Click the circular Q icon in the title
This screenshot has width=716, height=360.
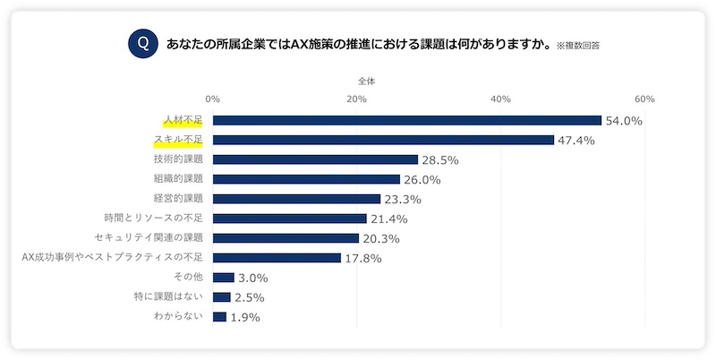(x=141, y=43)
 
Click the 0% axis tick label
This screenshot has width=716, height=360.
(x=213, y=99)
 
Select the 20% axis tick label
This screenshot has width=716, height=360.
(x=356, y=99)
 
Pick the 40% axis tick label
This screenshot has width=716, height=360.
(x=500, y=99)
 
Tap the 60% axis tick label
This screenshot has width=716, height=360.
(x=644, y=99)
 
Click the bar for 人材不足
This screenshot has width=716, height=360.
(x=406, y=120)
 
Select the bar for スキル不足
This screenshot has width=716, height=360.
(x=383, y=140)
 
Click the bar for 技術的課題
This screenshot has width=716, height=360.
(x=315, y=159)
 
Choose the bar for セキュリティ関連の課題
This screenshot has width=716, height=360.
(x=286, y=238)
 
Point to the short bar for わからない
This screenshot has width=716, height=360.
(x=219, y=316)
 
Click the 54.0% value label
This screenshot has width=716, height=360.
(x=624, y=121)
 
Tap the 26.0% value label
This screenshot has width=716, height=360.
(x=422, y=180)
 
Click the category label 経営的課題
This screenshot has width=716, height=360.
(x=178, y=199)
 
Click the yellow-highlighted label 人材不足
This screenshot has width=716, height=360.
(x=183, y=120)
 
